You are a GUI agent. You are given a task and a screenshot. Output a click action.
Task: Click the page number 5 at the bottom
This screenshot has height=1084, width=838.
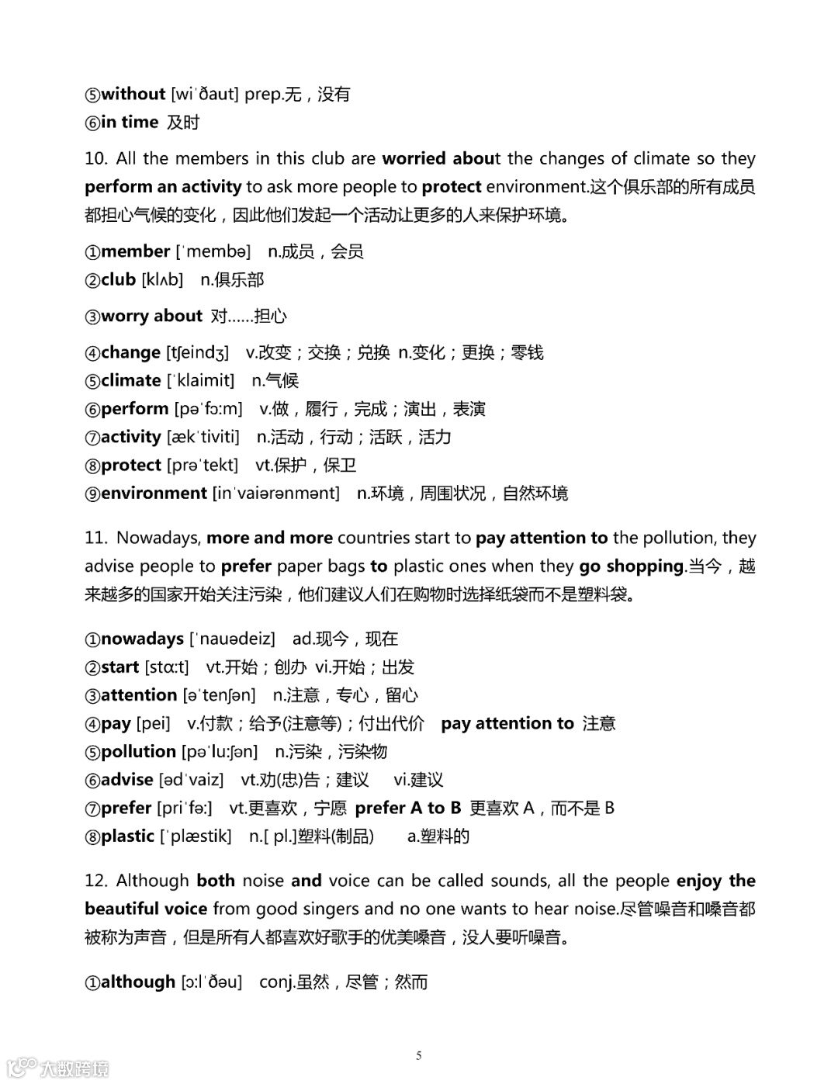[419, 1055]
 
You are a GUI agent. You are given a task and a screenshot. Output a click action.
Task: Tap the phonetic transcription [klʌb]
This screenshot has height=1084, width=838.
[162, 280]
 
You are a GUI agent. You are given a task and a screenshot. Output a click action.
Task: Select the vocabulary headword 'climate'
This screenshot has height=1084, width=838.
[130, 380]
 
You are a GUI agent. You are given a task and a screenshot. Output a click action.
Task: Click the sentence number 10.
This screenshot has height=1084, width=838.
[95, 159]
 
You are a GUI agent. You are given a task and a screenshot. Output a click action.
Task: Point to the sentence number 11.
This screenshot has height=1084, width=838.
[95, 538]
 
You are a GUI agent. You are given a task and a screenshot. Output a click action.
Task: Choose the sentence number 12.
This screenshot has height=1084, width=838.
[95, 881]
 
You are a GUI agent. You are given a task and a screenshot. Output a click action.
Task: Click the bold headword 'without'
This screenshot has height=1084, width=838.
[133, 94]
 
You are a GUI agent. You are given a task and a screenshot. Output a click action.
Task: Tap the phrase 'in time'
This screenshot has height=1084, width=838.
[130, 123]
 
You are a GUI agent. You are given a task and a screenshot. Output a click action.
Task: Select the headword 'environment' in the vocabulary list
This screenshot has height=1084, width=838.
[154, 494]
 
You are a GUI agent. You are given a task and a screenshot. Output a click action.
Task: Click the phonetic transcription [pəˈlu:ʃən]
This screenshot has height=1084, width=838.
[220, 752]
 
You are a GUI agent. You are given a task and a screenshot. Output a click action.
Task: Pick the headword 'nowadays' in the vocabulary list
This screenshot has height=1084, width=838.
[142, 639]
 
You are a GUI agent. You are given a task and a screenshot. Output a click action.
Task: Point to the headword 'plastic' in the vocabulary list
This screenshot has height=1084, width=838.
[127, 836]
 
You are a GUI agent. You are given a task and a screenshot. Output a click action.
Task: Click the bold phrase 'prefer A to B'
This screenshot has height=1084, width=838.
[408, 809]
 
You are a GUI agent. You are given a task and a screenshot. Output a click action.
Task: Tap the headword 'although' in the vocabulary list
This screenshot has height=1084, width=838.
[138, 982]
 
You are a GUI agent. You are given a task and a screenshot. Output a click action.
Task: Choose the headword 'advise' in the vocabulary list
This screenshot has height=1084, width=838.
[126, 780]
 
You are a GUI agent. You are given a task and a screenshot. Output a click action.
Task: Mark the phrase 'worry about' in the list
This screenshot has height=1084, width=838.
[151, 316]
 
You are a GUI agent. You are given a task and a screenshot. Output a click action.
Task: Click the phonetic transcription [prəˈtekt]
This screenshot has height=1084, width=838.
[203, 466]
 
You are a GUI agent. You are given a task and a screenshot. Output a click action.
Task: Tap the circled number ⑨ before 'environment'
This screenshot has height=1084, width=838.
[92, 494]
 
